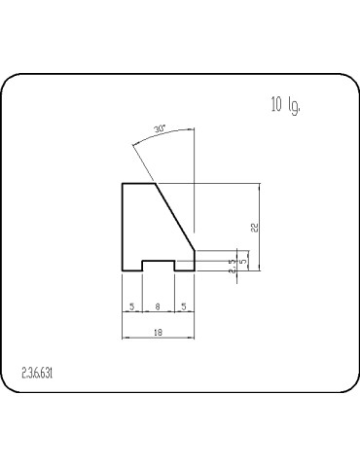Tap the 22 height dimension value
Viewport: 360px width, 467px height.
(x=254, y=227)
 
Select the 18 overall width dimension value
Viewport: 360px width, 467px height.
(x=157, y=332)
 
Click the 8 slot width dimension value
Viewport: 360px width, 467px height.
(x=159, y=305)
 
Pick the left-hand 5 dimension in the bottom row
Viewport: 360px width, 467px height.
(x=131, y=305)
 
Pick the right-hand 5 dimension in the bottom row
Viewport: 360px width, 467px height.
(x=184, y=305)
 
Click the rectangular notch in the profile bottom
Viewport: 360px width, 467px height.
(x=159, y=265)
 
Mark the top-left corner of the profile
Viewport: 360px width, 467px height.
(x=122, y=183)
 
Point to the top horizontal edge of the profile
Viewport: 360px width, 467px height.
(x=139, y=183)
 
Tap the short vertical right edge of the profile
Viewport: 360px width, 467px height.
(x=195, y=260)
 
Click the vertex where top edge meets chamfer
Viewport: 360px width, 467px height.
(x=157, y=183)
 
